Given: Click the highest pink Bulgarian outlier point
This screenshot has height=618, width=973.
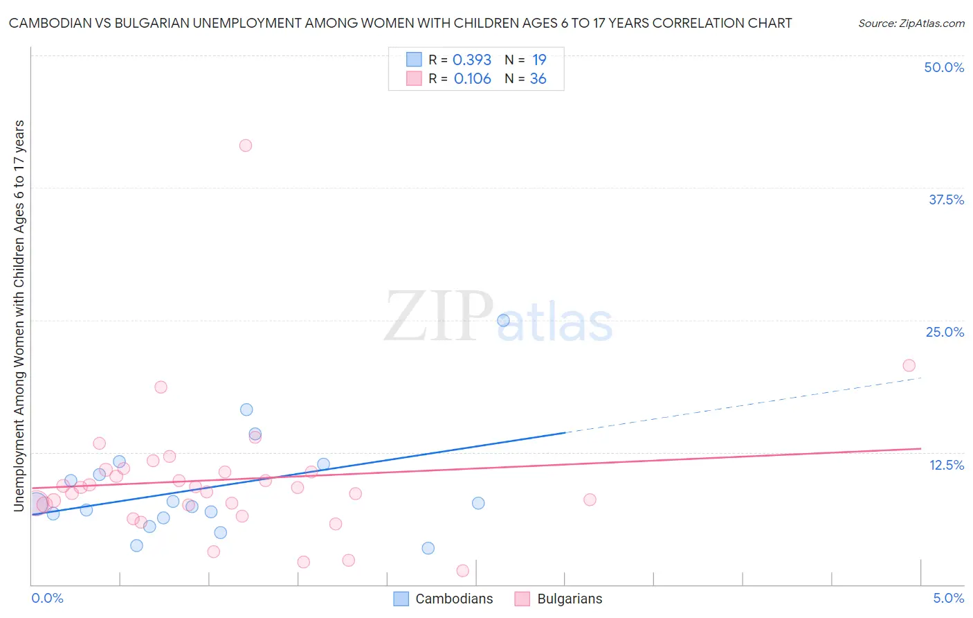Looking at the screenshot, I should coord(245,145).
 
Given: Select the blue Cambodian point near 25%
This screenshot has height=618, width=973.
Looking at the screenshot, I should coord(503,320).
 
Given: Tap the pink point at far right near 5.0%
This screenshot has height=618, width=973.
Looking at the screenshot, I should coord(909,365).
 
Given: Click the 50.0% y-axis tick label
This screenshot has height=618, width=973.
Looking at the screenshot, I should coord(944,67).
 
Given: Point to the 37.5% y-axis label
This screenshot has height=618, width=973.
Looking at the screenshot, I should coord(946,200).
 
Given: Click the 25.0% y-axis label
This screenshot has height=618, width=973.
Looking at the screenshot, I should coord(945,332).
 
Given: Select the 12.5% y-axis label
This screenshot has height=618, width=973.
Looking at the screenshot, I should coord(946,465).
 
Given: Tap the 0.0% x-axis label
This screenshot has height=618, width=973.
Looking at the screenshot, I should coord(47,598).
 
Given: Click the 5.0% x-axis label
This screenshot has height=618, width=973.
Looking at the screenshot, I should coord(948,598).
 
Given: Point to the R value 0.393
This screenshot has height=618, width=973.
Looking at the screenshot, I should coord(472,60).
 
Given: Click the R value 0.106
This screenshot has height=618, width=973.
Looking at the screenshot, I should coord(472,79).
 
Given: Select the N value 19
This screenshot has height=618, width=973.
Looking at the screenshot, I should coord(539,60).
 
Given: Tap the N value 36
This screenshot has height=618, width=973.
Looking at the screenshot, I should coord(538,79).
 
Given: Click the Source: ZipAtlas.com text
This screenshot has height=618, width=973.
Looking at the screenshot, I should coord(911,24).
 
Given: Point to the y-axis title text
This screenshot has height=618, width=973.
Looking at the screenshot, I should coord(19,315).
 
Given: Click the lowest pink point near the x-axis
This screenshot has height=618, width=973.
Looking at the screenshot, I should coord(462,570).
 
